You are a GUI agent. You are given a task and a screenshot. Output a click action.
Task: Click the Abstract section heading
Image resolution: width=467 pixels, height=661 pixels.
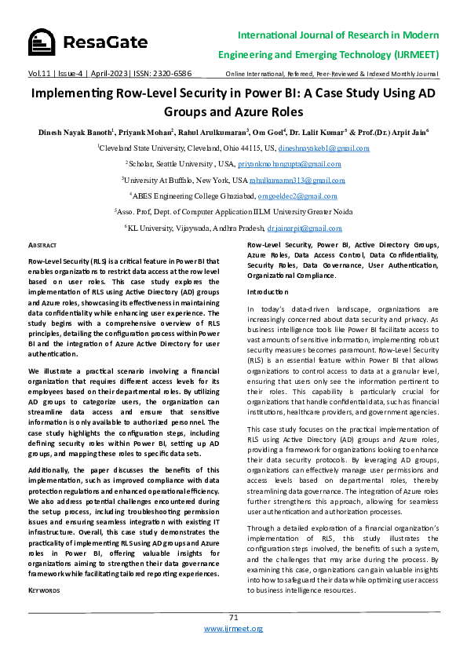coord(42,246)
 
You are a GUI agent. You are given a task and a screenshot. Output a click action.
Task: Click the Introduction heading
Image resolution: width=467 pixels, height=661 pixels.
coord(268,291)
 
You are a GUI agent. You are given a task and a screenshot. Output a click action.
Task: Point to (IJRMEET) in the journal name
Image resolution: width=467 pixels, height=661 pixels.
coord(409,55)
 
